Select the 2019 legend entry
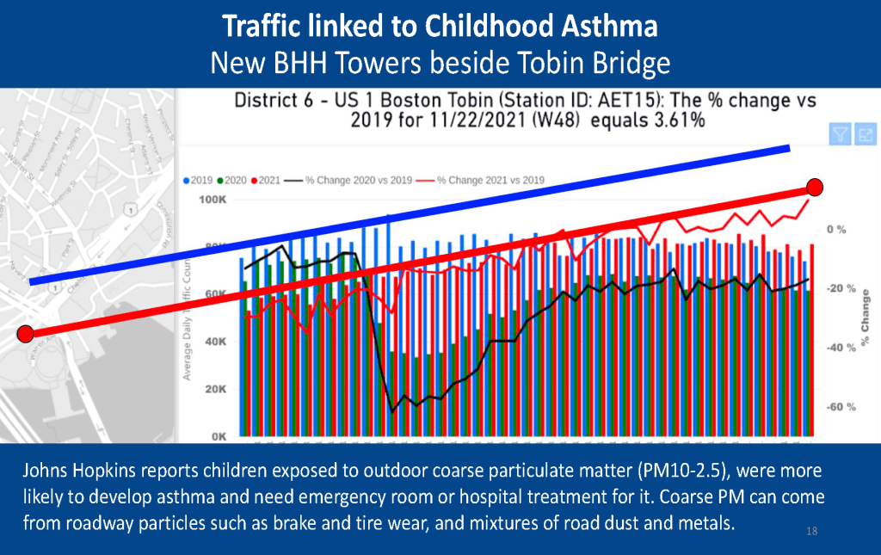200,181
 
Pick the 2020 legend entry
234,181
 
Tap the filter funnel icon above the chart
840,134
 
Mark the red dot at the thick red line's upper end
816,187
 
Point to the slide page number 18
811,531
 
